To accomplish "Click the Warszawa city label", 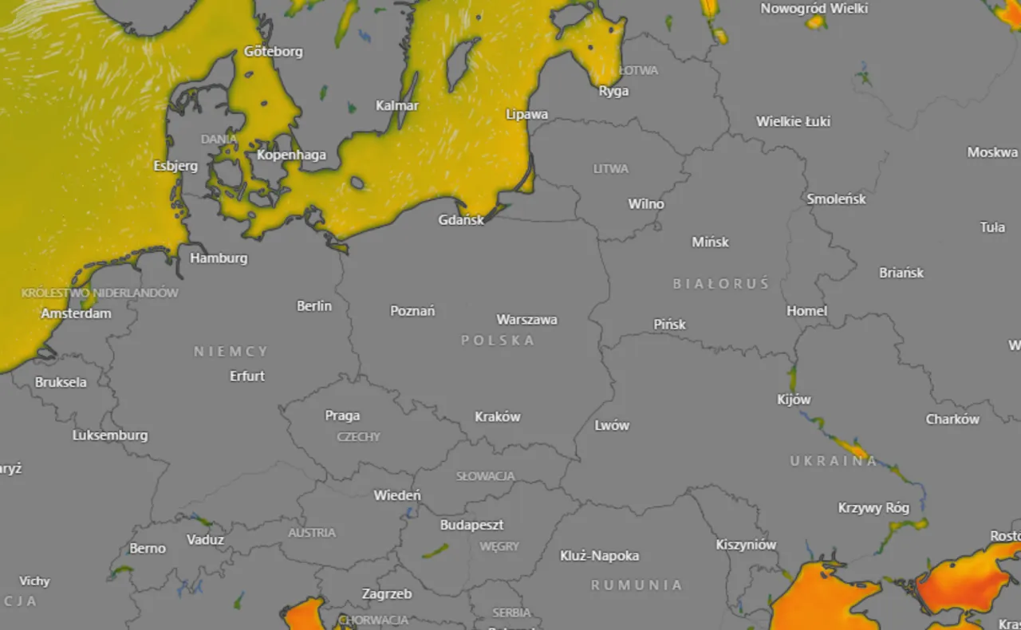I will tap(526, 320).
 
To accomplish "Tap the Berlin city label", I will tap(314, 305).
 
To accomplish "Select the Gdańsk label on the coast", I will tap(461, 219).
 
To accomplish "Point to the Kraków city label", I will tap(497, 416).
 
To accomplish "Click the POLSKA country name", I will tap(498, 341).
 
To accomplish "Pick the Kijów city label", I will tap(794, 399).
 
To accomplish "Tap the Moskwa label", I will tap(992, 152).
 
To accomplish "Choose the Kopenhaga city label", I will tap(291, 155).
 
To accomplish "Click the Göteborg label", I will tap(274, 52).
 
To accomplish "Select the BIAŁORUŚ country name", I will tap(720, 284).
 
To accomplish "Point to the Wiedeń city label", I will tap(397, 495).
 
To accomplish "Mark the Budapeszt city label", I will tap(471, 525).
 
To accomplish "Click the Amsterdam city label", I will tap(77, 313).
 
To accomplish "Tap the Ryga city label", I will tap(613, 91).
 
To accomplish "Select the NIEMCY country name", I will tap(231, 352).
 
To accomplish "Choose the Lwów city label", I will tap(612, 425).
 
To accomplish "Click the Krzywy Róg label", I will tap(873, 507).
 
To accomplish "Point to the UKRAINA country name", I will tap(834, 461).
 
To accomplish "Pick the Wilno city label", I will tap(646, 203).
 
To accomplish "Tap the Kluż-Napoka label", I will tap(599, 556).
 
